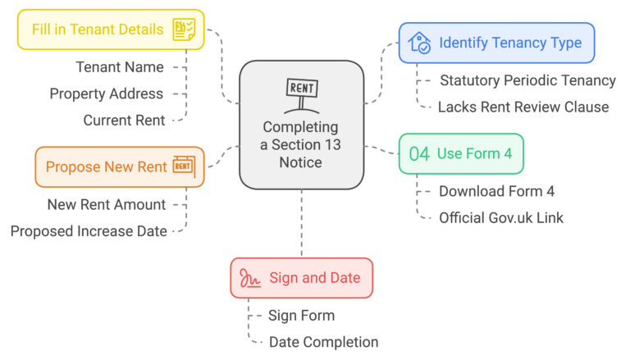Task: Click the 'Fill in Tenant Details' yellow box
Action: [97, 30]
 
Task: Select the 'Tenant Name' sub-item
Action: [120, 66]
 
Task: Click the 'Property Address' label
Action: [107, 93]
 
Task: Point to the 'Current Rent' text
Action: [124, 121]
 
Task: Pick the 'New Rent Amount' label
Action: [107, 204]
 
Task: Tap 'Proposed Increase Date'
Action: [89, 231]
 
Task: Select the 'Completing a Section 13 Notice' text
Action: [300, 145]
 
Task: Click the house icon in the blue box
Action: [419, 43]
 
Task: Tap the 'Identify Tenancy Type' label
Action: [510, 43]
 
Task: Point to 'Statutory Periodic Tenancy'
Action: [527, 80]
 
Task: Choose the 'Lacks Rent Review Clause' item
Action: [523, 107]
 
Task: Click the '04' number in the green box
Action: [419, 153]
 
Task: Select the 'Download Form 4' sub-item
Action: [496, 191]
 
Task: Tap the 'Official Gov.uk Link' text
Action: [501, 218]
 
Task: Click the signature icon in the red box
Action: [250, 278]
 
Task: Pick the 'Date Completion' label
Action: [324, 342]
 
